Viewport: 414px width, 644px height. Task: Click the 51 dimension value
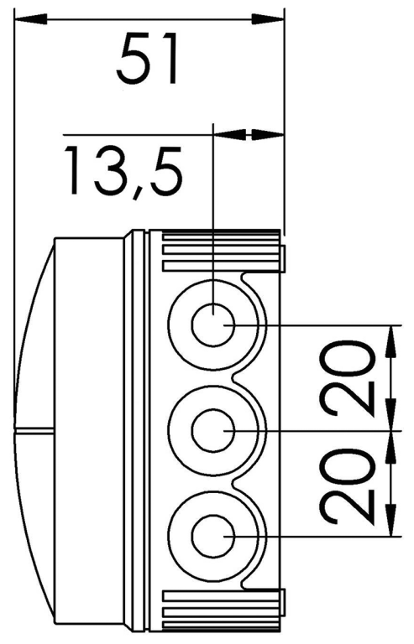pos(148,60)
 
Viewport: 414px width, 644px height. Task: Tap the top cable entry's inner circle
pos(213,325)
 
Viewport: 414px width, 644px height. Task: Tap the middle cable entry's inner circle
pos(213,430)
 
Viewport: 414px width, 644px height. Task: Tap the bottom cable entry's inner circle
pos(213,536)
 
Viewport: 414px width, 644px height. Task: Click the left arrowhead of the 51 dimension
pos(30,19)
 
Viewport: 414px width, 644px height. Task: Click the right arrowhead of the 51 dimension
pos(268,19)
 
